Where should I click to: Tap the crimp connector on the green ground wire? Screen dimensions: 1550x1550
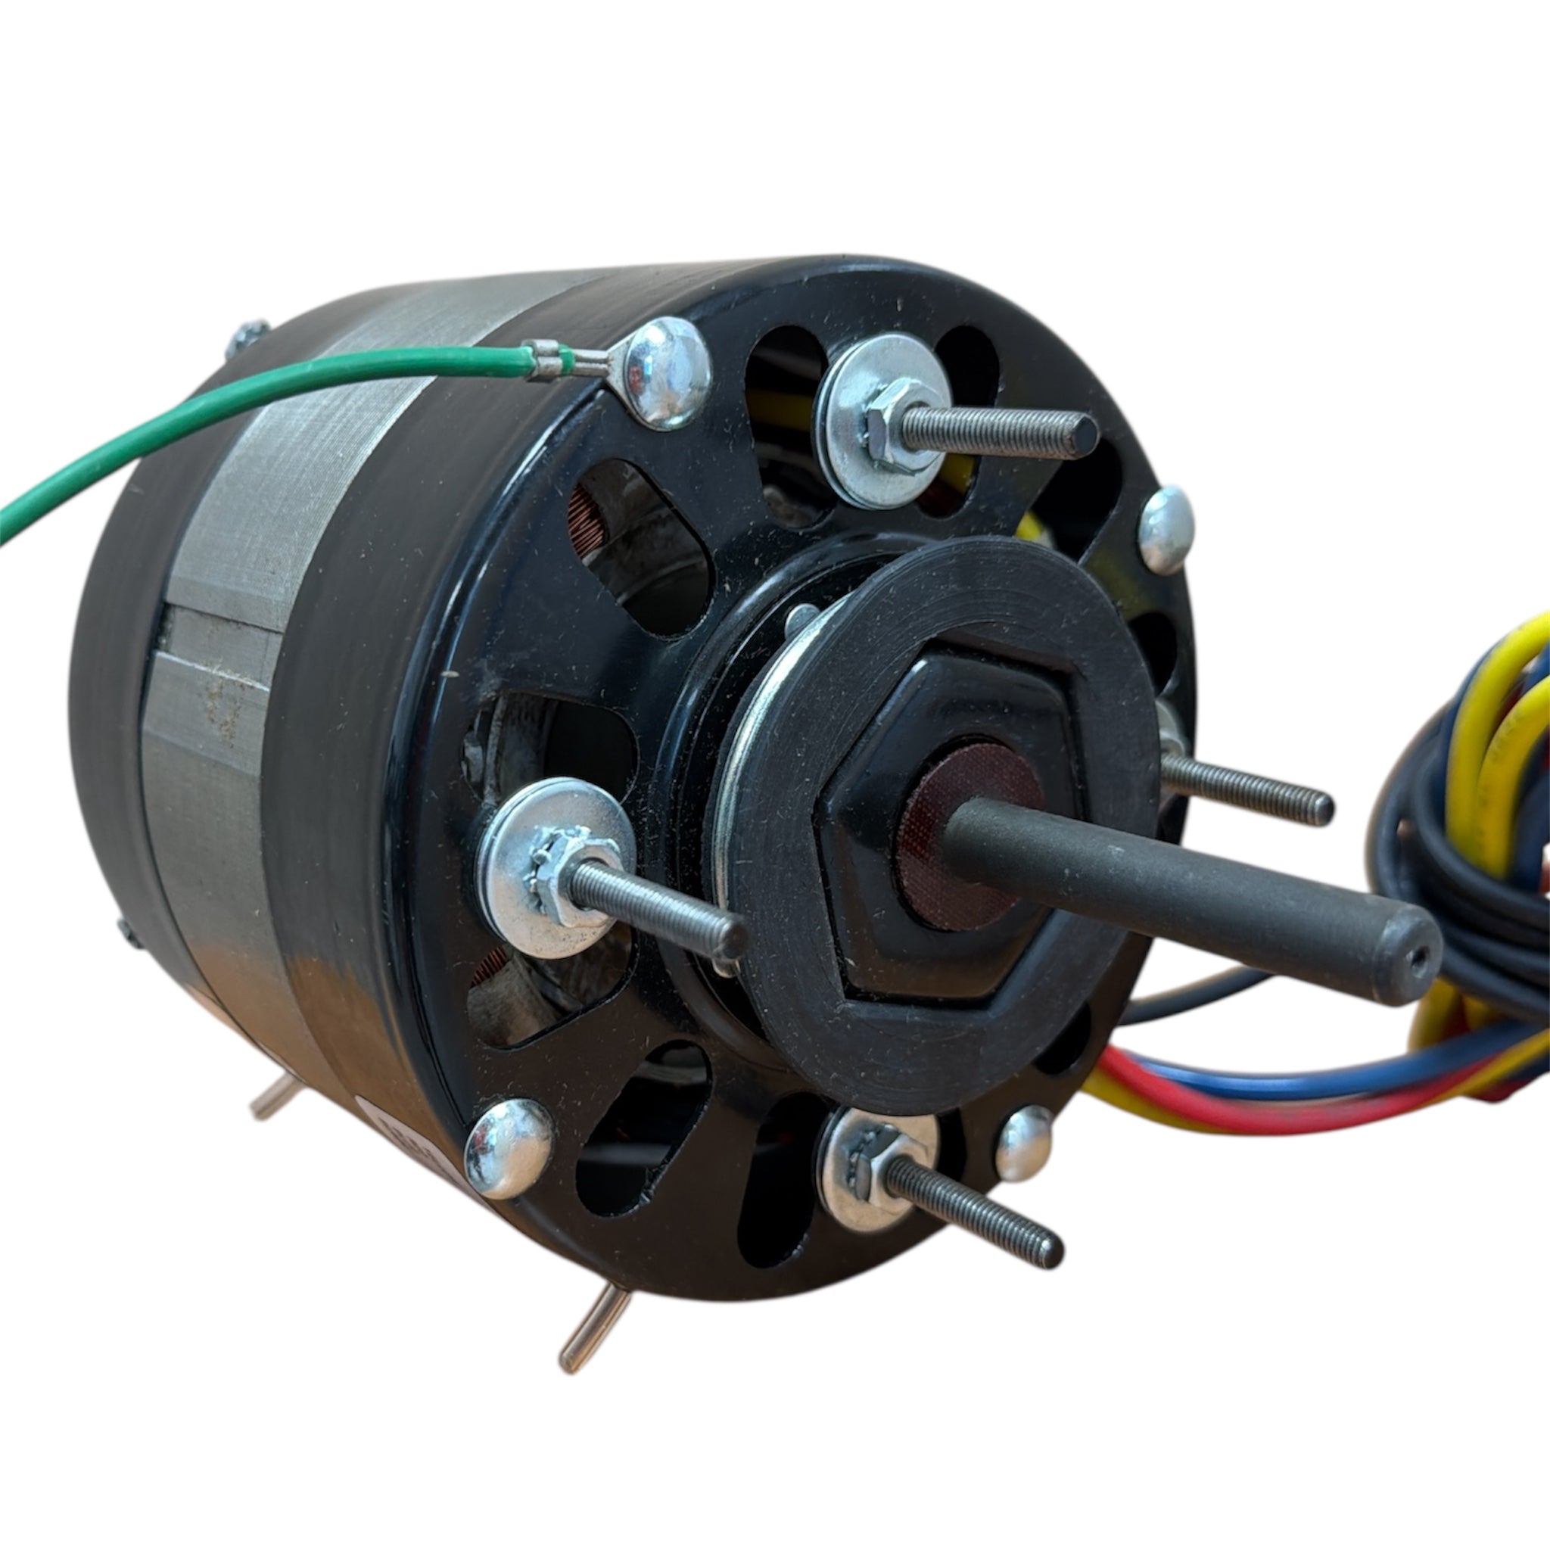(549, 359)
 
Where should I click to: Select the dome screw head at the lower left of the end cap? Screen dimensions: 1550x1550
(509, 1147)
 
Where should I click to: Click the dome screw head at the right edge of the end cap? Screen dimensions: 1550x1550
(1166, 530)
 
